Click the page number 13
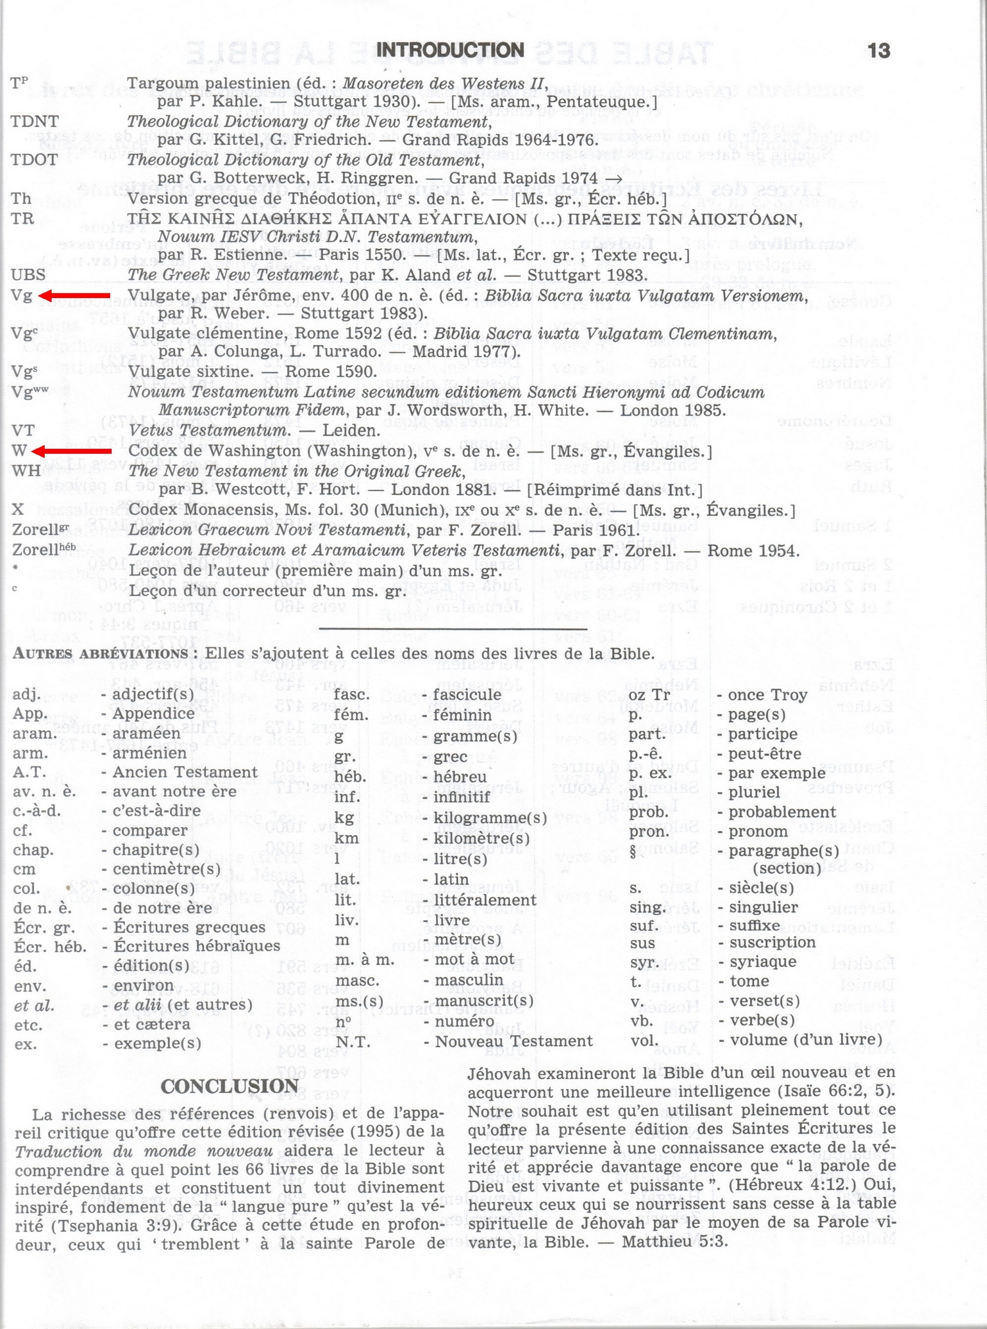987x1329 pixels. [878, 51]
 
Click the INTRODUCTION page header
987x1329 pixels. [450, 50]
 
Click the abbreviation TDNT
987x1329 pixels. [34, 121]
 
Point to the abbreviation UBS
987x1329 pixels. [28, 275]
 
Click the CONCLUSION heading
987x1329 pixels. [230, 1086]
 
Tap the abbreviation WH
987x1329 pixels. [26, 471]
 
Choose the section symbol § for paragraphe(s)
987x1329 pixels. [633, 851]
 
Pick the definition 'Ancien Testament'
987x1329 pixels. [185, 772]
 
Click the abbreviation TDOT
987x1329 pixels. [34, 160]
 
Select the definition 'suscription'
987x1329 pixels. [772, 942]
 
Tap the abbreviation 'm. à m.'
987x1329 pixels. [365, 961]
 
